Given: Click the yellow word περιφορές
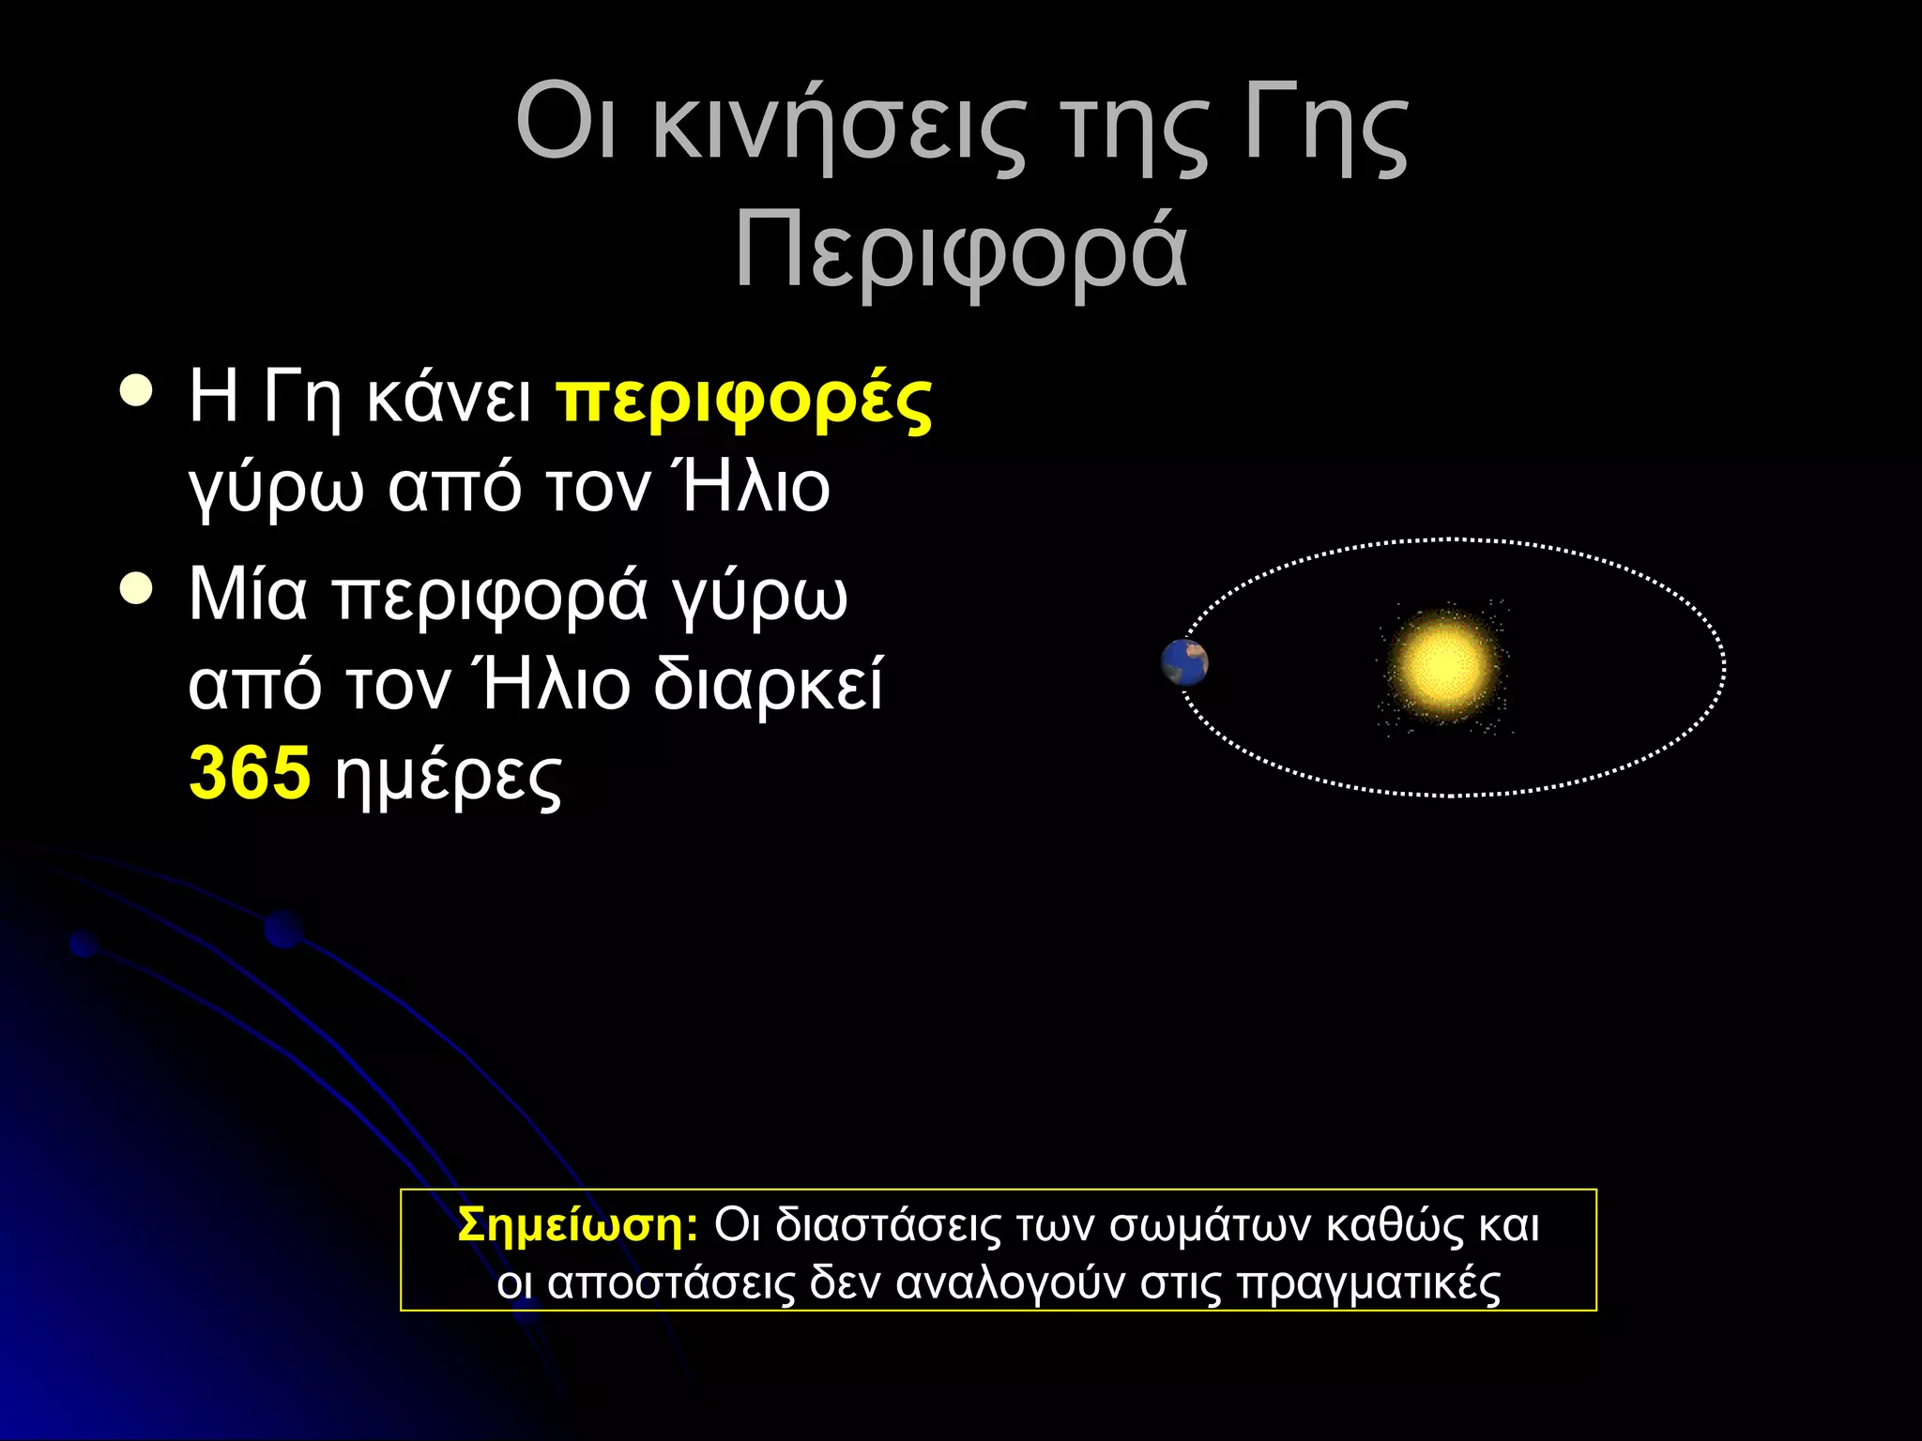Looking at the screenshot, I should (x=744, y=402).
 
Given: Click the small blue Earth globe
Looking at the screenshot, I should (x=1184, y=663).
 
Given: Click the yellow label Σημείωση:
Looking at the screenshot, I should (x=577, y=1224).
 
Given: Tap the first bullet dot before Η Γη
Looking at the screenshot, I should (x=137, y=391).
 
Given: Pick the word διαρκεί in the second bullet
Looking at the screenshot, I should (x=768, y=684).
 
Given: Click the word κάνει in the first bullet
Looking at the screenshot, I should (x=449, y=398).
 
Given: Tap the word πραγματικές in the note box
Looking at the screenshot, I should (x=1368, y=1283).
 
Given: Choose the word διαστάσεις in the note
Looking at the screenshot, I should (x=888, y=1225).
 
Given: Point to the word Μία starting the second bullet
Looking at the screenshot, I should (x=248, y=595).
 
